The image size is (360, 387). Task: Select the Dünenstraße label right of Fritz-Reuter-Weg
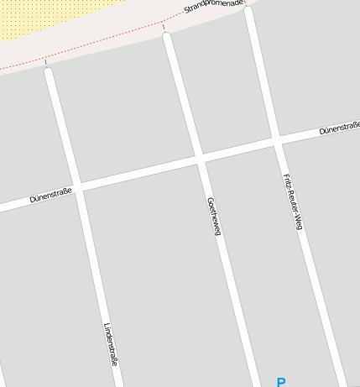pos(339,128)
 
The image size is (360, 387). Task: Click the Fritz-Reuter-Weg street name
pos(292,201)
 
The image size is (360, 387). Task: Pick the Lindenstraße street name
pos(110,344)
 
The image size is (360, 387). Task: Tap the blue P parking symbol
pos(281,382)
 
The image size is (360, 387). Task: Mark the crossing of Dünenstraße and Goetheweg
pos(201,157)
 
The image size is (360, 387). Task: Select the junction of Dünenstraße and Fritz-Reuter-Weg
pos(276,139)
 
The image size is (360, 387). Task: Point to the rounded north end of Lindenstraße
pos(48,72)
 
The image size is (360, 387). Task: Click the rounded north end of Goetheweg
pos(167,37)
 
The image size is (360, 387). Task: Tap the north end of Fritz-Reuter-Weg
pos(248,11)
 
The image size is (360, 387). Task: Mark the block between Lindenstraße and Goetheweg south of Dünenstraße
pos(159,277)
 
